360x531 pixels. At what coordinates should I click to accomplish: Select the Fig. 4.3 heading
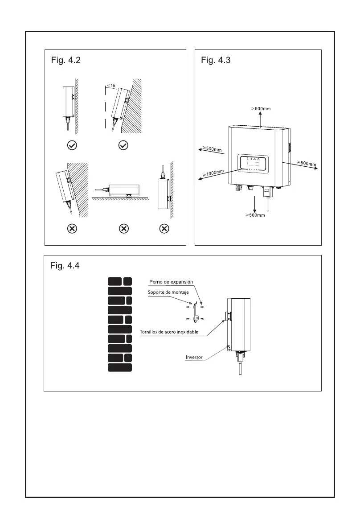pyautogui.click(x=216, y=61)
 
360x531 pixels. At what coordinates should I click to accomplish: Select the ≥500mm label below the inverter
pyautogui.click(x=255, y=215)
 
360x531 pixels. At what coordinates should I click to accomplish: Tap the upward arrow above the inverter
pyautogui.click(x=261, y=119)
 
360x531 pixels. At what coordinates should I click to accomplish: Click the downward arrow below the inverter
pyautogui.click(x=255, y=203)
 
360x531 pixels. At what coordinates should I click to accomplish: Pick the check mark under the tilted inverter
pyautogui.click(x=124, y=145)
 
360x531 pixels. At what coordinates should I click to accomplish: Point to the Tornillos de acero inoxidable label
pyautogui.click(x=169, y=332)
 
